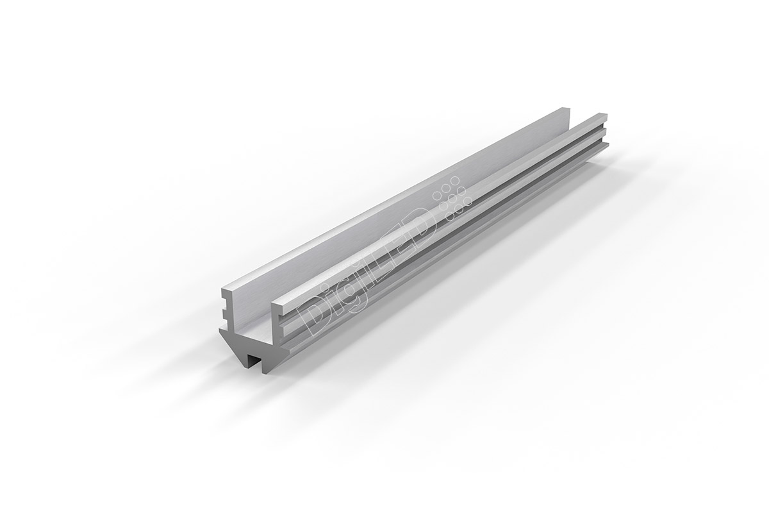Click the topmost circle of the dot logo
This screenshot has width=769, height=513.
455,180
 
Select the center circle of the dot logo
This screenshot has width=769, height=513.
452,198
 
